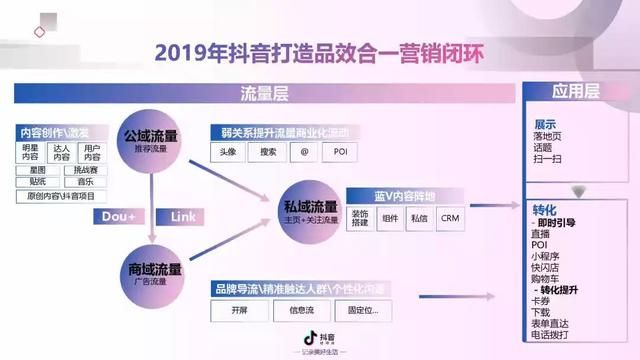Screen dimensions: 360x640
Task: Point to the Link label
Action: click(183, 216)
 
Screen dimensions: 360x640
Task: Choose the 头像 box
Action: click(229, 153)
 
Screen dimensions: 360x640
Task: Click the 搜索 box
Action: click(267, 153)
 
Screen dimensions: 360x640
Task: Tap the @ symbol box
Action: click(304, 153)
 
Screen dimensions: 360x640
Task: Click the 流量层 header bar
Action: click(266, 94)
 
